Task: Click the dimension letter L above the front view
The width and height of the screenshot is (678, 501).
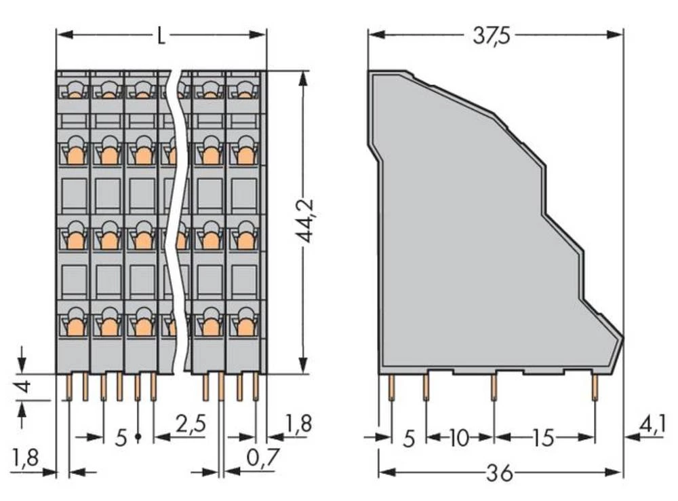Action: (x=161, y=35)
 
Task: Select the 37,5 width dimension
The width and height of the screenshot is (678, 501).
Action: (x=492, y=35)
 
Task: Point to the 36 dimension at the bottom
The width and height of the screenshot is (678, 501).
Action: (x=500, y=472)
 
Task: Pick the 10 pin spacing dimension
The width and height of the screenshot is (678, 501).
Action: (x=459, y=438)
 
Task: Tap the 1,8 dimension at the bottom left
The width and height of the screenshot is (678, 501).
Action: (x=26, y=460)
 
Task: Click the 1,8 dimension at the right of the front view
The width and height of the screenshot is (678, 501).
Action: (x=298, y=425)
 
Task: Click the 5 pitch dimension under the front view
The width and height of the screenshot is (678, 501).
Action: (x=121, y=438)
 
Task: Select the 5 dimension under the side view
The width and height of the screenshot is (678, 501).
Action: (x=409, y=438)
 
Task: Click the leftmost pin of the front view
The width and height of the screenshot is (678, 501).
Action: (x=69, y=387)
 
